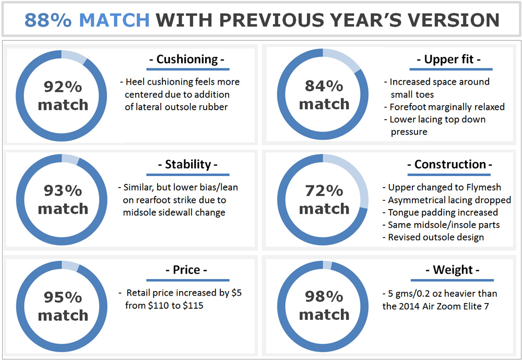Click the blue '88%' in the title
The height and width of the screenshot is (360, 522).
(48, 20)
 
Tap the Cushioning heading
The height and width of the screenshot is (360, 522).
(187, 60)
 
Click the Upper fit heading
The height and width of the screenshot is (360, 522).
(449, 60)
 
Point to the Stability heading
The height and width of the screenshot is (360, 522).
(188, 165)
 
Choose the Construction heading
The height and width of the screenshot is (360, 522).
(450, 165)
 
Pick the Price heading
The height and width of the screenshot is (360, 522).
(186, 270)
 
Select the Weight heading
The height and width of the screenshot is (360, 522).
(453, 270)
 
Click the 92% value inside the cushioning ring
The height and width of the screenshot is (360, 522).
(63, 87)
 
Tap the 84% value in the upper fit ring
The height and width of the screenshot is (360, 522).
(324, 86)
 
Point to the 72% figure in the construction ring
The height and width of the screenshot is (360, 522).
(324, 191)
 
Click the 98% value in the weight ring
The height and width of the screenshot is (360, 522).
(324, 297)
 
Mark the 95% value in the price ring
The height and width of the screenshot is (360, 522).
(63, 297)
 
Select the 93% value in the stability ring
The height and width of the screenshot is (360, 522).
(63, 191)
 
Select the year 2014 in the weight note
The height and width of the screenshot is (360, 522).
(409, 306)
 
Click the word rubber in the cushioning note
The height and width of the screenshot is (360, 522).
(212, 107)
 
